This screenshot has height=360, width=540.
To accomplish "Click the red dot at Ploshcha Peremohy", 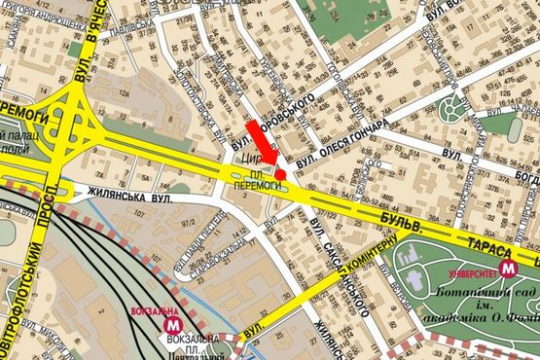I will click(281, 173).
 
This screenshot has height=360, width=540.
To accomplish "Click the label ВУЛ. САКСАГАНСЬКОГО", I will click(341, 253).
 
